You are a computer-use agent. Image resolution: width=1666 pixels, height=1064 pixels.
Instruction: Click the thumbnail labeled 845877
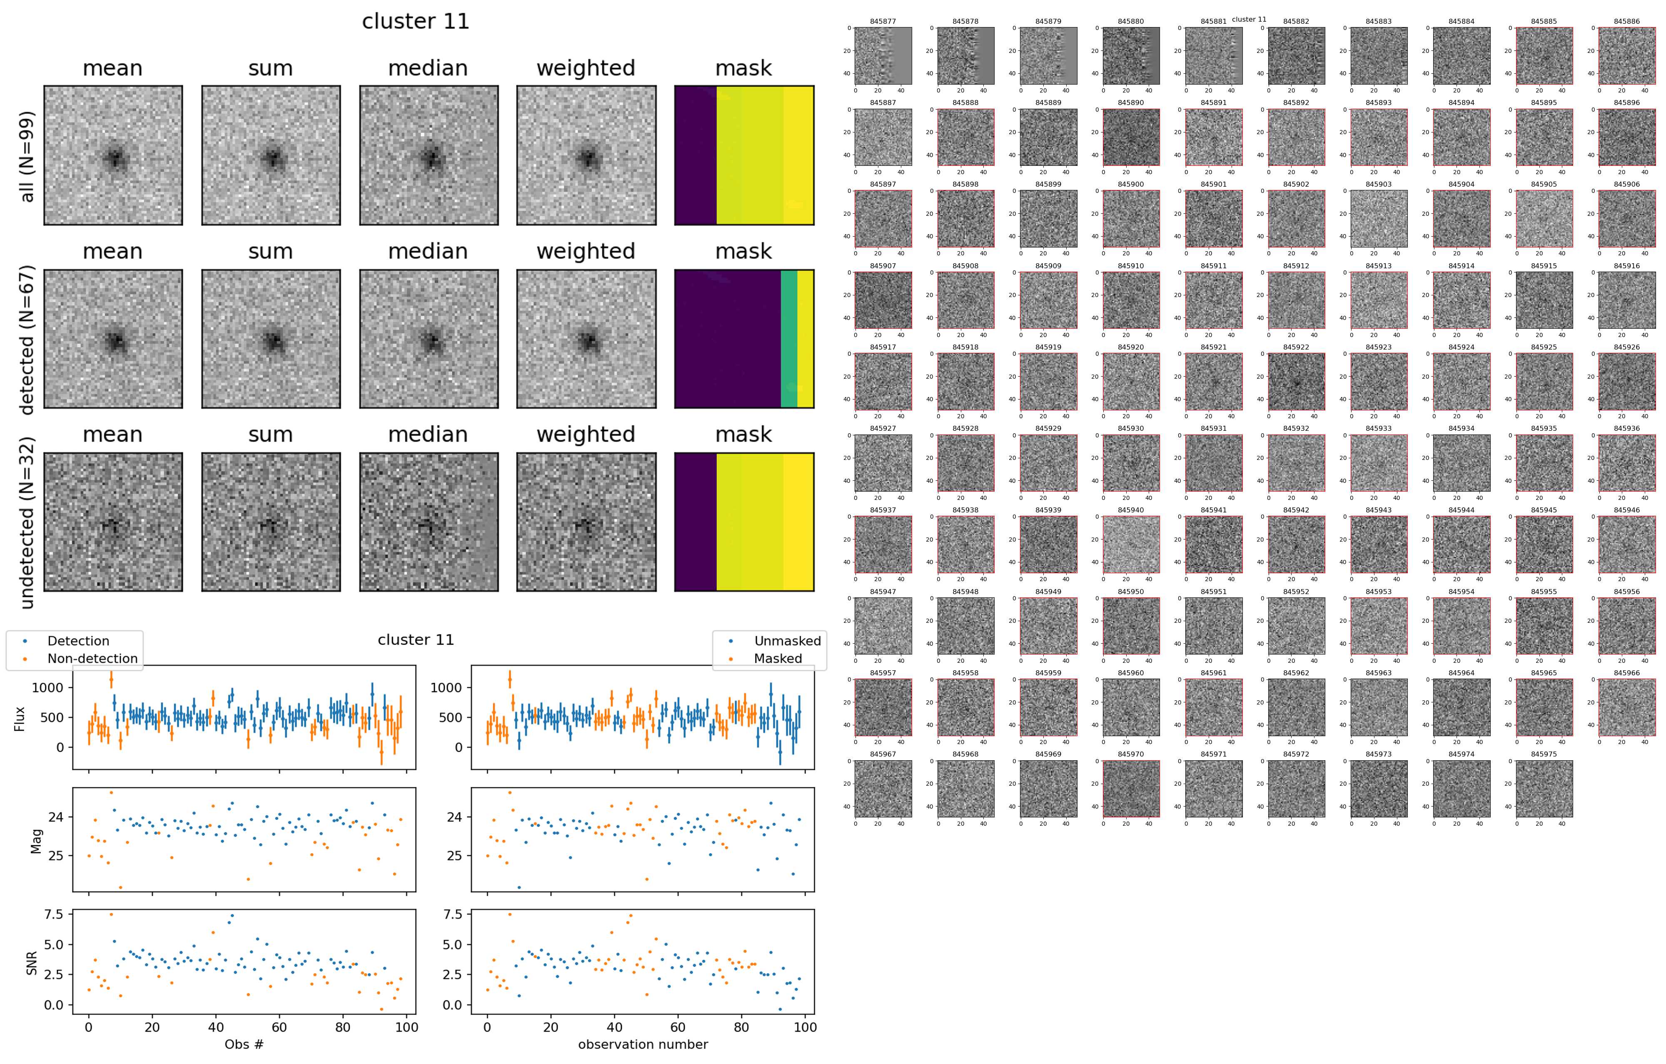click(x=883, y=56)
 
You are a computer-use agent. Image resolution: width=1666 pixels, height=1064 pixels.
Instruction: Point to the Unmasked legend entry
click(x=787, y=641)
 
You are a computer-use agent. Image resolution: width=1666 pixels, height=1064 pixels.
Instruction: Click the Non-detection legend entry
click(x=92, y=659)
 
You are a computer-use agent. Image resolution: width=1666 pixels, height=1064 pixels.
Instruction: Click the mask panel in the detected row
click(x=744, y=339)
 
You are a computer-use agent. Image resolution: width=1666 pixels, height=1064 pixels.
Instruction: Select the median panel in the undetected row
click(x=429, y=522)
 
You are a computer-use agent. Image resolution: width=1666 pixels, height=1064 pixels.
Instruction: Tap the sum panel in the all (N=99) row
click(x=271, y=156)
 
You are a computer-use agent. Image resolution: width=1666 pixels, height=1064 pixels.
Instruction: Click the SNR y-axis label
click(x=32, y=963)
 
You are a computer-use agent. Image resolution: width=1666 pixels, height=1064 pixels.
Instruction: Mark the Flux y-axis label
click(x=20, y=719)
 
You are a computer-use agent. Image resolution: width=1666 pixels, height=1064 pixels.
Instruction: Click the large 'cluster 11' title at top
click(x=416, y=21)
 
